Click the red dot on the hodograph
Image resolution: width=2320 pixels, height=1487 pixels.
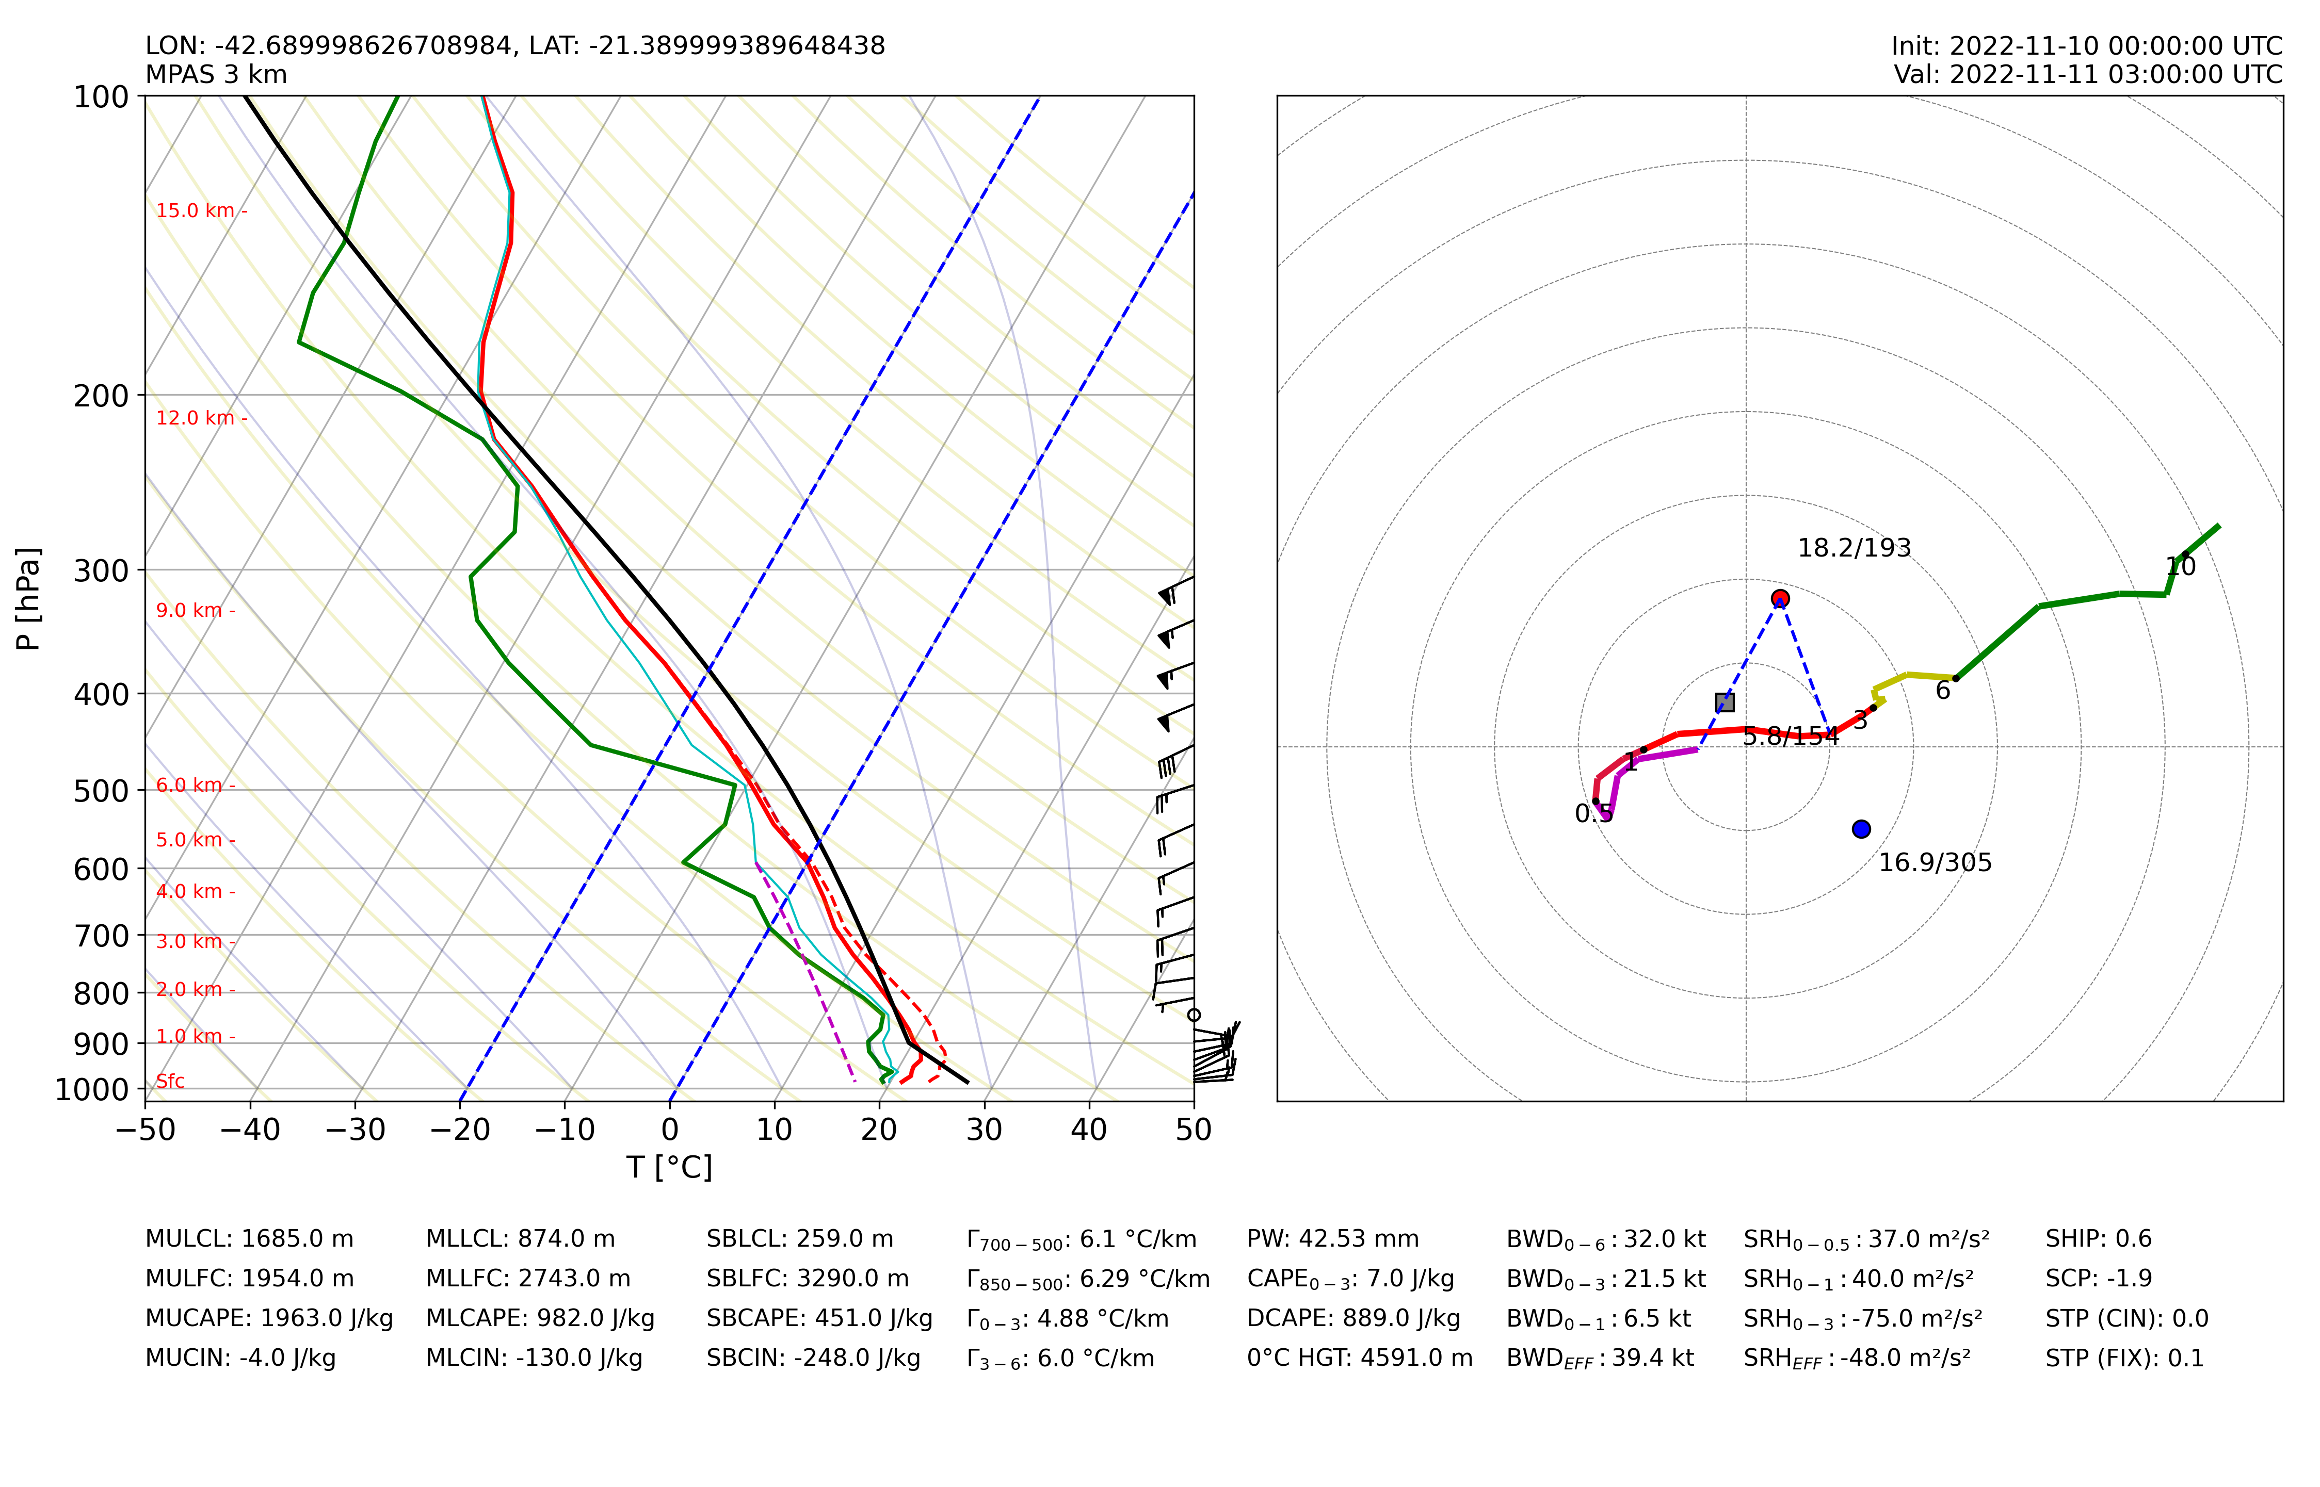click(x=1780, y=599)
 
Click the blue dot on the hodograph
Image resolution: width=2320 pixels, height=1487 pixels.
click(x=1861, y=828)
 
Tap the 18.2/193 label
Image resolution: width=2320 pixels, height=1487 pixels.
click(x=1855, y=548)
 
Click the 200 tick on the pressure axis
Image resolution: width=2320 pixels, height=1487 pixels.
click(x=102, y=396)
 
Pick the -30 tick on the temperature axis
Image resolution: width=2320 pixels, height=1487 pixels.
click(x=356, y=1130)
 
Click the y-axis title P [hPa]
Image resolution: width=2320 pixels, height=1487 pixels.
click(x=29, y=599)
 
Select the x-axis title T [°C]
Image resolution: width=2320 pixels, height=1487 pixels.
click(x=669, y=1167)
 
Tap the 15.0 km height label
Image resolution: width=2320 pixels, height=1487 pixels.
click(x=196, y=210)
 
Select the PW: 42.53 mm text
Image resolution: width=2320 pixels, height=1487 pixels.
click(x=1333, y=1239)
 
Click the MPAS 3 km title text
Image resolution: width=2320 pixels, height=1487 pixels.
click(x=216, y=74)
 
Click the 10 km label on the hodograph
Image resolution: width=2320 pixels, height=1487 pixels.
click(x=2181, y=567)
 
